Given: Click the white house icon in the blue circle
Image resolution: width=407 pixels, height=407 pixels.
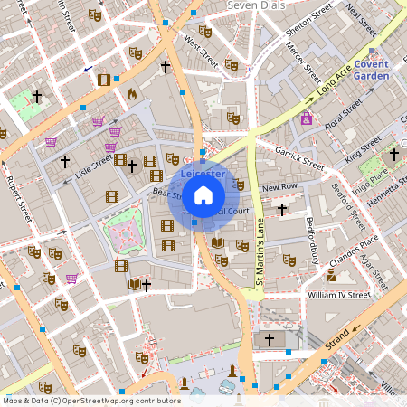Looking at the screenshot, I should click(x=203, y=194).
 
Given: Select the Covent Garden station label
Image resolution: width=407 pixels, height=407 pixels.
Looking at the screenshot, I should click(x=372, y=71).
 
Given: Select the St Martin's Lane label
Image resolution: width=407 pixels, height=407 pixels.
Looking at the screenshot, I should click(x=258, y=258).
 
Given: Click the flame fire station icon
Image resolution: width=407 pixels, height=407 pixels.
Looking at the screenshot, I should click(x=132, y=93).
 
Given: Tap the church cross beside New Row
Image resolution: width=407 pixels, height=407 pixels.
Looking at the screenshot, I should click(x=282, y=209).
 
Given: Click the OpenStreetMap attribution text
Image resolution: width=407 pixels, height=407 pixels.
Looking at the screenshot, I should click(x=90, y=400).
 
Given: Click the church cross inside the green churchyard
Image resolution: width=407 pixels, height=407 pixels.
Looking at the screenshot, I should click(x=37, y=96).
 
